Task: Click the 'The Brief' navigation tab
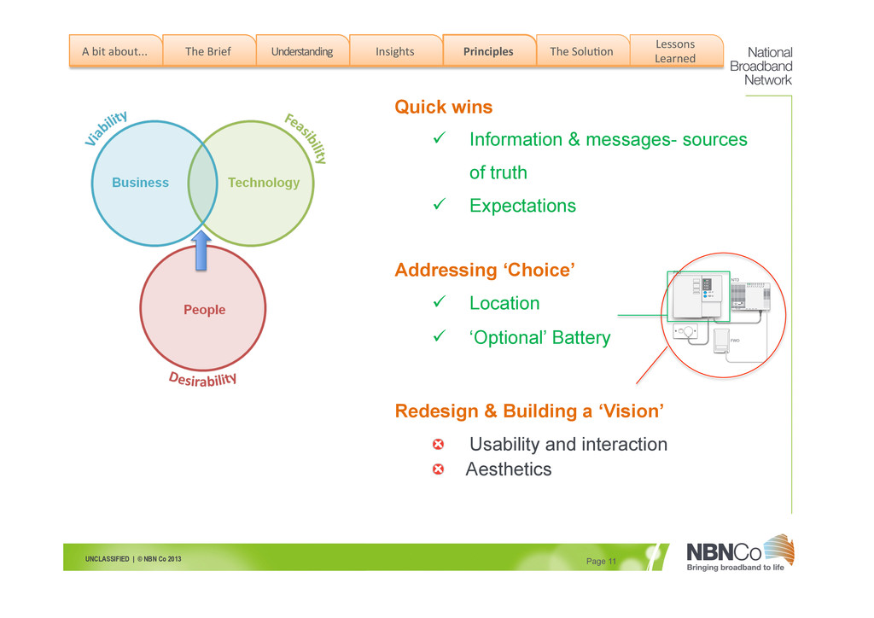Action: [208, 51]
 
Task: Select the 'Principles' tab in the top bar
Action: [488, 51]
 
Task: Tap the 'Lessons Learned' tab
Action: [675, 51]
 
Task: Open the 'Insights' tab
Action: [394, 51]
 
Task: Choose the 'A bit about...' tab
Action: [114, 51]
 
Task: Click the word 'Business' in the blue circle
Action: [141, 183]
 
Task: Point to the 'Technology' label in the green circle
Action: [264, 183]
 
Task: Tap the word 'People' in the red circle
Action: [205, 310]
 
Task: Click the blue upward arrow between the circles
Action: [201, 249]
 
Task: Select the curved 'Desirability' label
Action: [202, 379]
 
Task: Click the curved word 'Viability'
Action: [107, 129]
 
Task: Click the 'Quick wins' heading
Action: [443, 108]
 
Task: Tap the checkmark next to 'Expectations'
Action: [440, 206]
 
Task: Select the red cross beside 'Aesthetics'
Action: [438, 469]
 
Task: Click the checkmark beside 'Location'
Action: [440, 303]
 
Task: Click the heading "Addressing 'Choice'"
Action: [484, 271]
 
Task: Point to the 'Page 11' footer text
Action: [601, 561]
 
